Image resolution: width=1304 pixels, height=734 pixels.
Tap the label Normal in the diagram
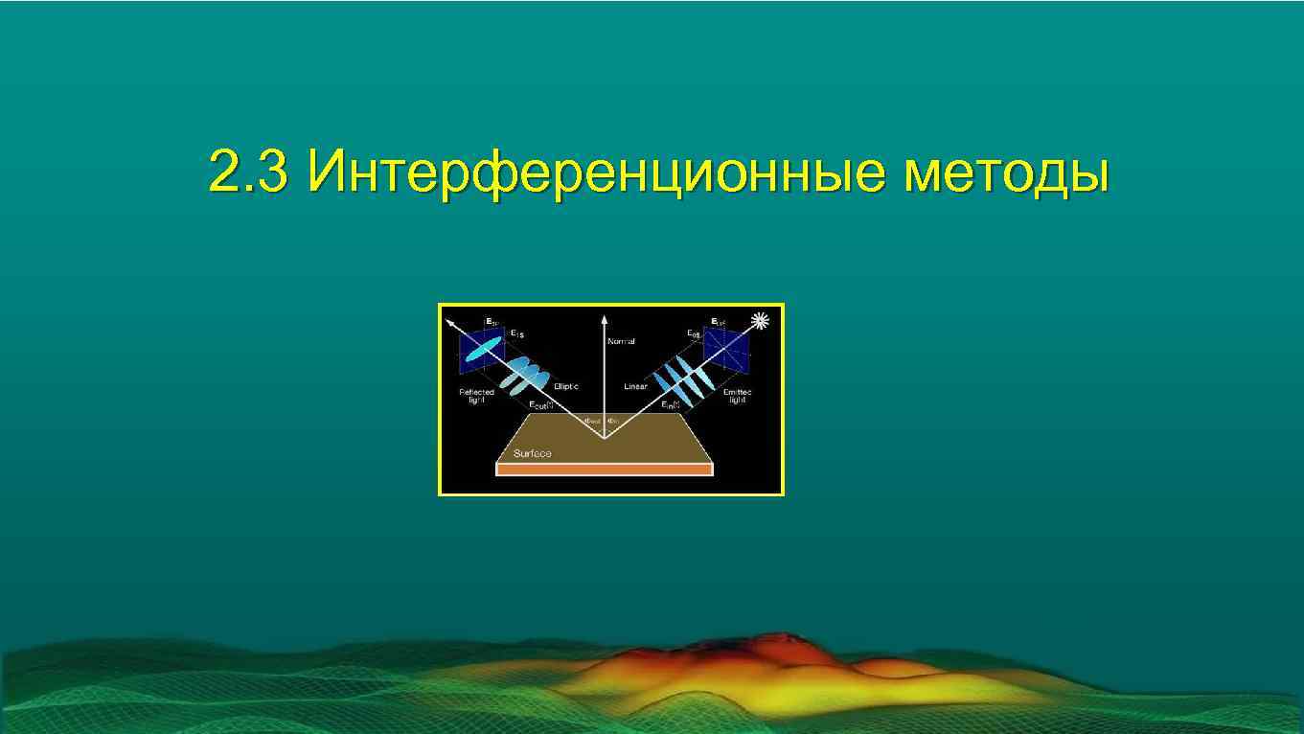point(621,341)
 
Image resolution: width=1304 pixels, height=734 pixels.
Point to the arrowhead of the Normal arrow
point(605,318)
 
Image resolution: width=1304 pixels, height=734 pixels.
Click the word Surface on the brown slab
point(532,453)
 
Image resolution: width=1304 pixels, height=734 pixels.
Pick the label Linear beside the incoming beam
point(635,386)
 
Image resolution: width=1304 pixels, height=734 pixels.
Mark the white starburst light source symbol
point(762,321)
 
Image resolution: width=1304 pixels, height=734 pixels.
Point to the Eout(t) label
point(541,405)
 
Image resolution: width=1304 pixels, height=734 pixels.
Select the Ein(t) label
point(670,405)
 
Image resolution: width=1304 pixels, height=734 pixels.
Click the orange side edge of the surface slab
point(605,470)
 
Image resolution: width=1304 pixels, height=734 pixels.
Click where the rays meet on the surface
point(605,438)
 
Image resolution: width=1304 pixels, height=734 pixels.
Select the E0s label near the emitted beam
point(693,333)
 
